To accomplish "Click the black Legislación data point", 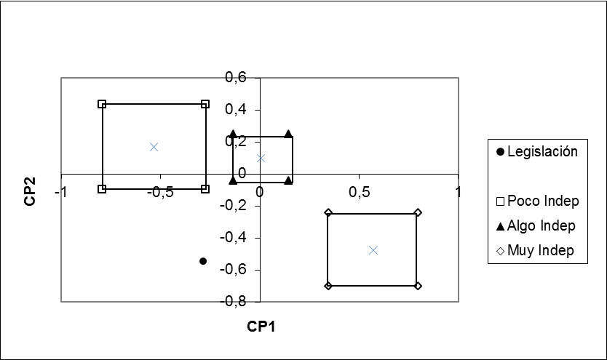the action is click(203, 260).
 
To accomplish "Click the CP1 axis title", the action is click(260, 326).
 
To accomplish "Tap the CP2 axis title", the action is click(30, 189).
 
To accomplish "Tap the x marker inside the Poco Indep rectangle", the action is click(154, 146).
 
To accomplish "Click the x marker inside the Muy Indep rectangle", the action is click(373, 249).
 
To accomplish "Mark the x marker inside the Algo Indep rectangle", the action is click(261, 157).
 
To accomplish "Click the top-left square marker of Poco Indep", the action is click(103, 104).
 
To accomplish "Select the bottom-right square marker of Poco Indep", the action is click(205, 189).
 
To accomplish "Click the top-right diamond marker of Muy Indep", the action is click(418, 212).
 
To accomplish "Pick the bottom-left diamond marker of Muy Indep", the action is click(328, 286).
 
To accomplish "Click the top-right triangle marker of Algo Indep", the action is click(288, 134).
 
